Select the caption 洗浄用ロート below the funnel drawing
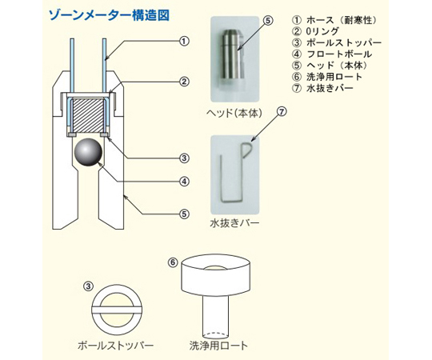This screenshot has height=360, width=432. pyautogui.click(x=218, y=346)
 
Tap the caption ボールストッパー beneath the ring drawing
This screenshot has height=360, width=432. pyautogui.click(x=115, y=346)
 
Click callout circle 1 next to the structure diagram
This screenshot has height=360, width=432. pyautogui.click(x=184, y=40)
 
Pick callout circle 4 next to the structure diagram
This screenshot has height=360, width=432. pyautogui.click(x=184, y=181)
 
